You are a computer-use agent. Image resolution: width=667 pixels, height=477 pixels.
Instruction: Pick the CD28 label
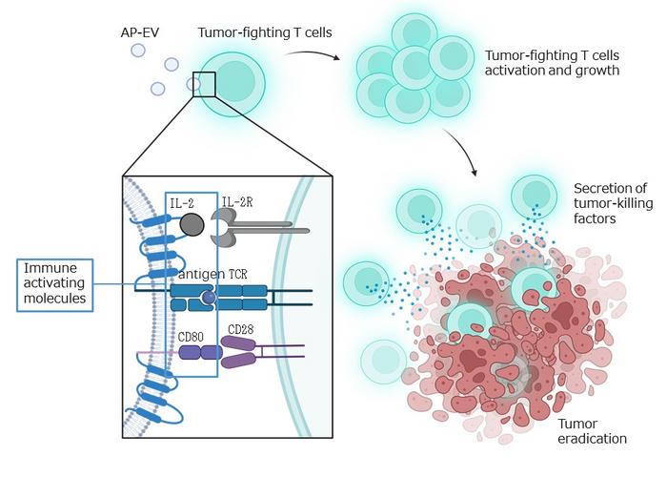pyautogui.click(x=242, y=329)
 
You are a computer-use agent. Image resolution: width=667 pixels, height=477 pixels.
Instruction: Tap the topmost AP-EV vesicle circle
pyautogui.click(x=139, y=50)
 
